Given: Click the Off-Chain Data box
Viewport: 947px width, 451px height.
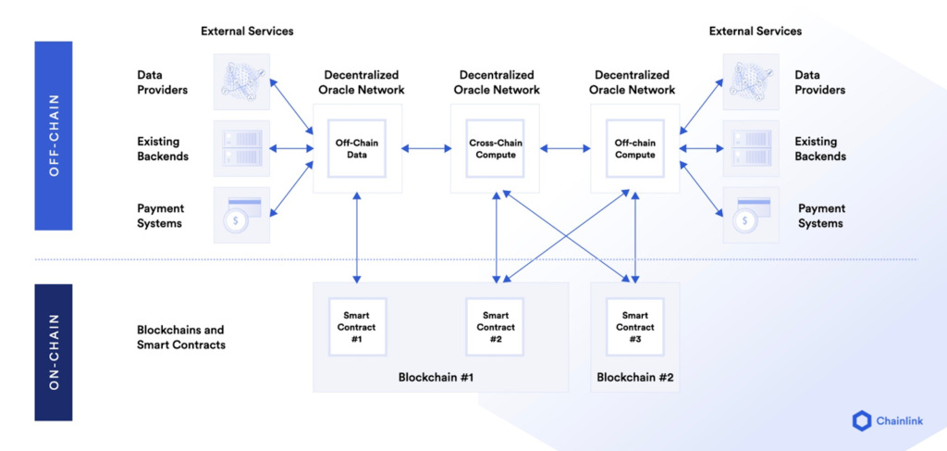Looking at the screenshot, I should tap(357, 148).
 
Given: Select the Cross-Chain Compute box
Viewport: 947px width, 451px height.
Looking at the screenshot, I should tap(494, 148).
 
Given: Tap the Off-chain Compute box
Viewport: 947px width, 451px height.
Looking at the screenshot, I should tap(634, 148).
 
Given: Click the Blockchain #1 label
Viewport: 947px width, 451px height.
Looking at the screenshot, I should tap(436, 377).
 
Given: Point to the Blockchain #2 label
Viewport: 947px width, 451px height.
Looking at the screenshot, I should tap(634, 377).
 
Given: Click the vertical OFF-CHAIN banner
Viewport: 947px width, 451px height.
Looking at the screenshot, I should tap(53, 135).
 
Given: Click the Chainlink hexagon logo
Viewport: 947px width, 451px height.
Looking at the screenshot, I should tap(862, 420).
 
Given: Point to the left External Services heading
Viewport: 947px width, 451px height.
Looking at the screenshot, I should tap(247, 31).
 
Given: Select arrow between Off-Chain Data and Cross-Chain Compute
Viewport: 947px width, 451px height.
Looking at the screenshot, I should tap(425, 148).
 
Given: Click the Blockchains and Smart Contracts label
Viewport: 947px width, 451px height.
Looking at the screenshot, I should tap(180, 337).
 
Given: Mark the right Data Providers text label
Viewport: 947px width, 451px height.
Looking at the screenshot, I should tap(819, 82).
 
